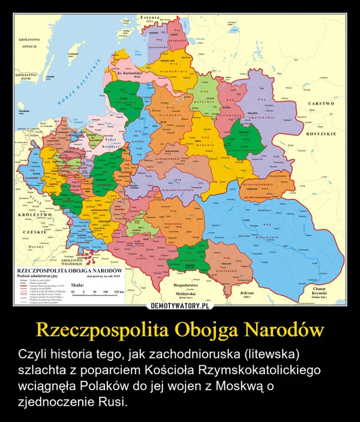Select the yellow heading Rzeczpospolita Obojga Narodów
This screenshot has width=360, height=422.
pos(179,330)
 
